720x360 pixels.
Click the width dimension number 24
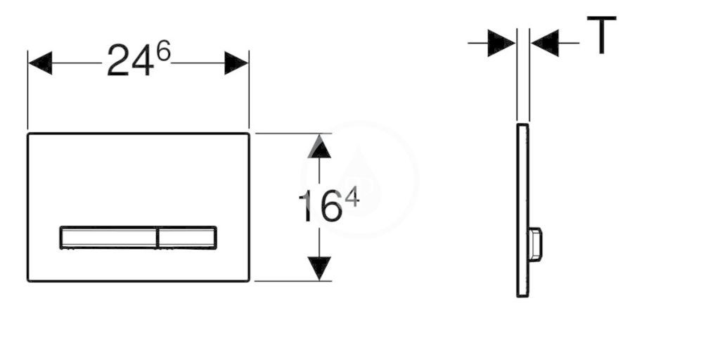[x=130, y=60]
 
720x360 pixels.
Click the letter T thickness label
[x=602, y=35]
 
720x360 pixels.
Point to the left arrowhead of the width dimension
[x=40, y=63]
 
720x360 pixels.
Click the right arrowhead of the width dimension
[x=236, y=63]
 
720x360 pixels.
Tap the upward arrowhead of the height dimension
[x=319, y=146]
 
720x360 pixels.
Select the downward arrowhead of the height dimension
[x=319, y=269]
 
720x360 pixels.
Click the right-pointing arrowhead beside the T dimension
[x=501, y=43]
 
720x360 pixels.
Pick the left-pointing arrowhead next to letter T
[x=545, y=43]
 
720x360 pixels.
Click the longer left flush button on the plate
[x=108, y=238]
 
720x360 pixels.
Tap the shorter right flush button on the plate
[x=187, y=238]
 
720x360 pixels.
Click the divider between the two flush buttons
[x=157, y=238]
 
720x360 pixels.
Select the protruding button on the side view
[x=535, y=244]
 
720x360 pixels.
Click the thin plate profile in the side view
[x=522, y=210]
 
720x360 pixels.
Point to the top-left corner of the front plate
[x=28, y=134]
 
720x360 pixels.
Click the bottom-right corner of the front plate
[x=249, y=281]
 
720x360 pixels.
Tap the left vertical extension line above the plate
[x=28, y=90]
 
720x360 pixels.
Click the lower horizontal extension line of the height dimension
[x=293, y=281]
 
